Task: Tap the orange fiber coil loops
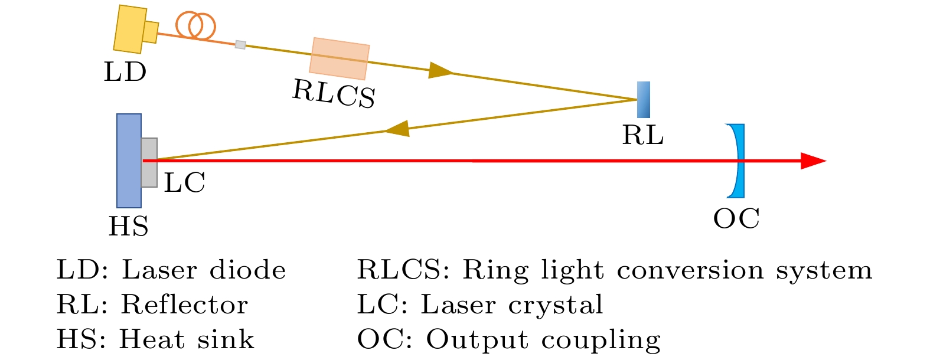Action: (x=195, y=25)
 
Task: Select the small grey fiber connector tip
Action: (x=240, y=44)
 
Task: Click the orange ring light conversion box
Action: (x=340, y=58)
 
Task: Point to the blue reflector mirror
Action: (x=644, y=99)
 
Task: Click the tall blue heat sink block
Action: (x=129, y=161)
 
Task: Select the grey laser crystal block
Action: (x=149, y=163)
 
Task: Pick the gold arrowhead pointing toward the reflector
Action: (x=440, y=70)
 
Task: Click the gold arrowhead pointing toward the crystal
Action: (x=397, y=129)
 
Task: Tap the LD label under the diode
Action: (x=125, y=73)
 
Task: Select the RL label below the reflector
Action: (x=643, y=136)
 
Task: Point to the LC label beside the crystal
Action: (x=185, y=184)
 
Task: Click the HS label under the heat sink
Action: (x=129, y=227)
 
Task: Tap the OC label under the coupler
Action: (x=736, y=219)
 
